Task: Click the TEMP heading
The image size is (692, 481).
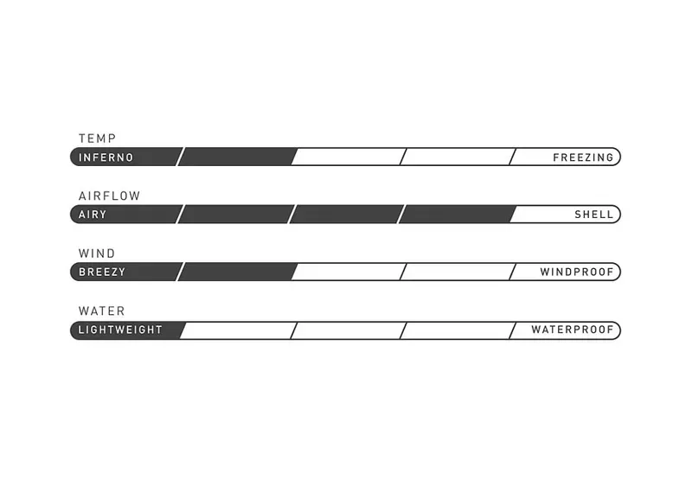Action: click(x=97, y=138)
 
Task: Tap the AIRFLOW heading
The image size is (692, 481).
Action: click(x=110, y=196)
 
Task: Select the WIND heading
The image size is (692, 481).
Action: click(x=97, y=253)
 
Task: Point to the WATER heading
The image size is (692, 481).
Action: click(x=101, y=311)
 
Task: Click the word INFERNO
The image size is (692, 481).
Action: click(x=106, y=157)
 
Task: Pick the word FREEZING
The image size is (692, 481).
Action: click(x=583, y=157)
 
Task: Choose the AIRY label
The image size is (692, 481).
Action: click(x=93, y=215)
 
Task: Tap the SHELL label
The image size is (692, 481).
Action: click(x=594, y=215)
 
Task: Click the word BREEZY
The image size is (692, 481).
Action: click(x=102, y=272)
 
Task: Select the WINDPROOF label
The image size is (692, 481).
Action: click(x=577, y=272)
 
